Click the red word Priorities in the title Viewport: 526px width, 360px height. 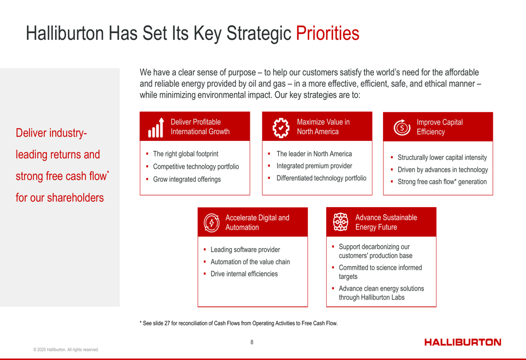point(327,33)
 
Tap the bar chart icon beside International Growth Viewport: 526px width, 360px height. point(156,128)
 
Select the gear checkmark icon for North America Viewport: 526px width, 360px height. point(281,128)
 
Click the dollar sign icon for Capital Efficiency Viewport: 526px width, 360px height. point(402,127)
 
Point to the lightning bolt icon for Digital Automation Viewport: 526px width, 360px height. point(211,223)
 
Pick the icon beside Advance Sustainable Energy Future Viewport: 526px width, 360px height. point(340,222)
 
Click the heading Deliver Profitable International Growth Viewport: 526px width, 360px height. point(200,127)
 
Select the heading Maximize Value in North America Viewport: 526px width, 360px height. point(323,127)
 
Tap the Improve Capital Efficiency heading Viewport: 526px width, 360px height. point(439,127)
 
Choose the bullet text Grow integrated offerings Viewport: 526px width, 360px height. point(187,179)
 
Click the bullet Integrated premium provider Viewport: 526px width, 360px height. point(315,166)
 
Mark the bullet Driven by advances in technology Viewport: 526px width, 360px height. point(442,170)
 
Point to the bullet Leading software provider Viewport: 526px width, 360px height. point(245,250)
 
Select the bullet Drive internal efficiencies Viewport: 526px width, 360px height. point(244,274)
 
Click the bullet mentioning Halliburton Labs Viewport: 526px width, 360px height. point(381,293)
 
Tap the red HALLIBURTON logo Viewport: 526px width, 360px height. point(462,342)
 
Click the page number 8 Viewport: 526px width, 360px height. point(252,342)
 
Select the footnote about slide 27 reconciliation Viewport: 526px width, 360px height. point(238,323)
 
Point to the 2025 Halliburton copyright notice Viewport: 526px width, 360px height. point(66,349)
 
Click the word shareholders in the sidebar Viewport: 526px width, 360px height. point(75,198)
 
